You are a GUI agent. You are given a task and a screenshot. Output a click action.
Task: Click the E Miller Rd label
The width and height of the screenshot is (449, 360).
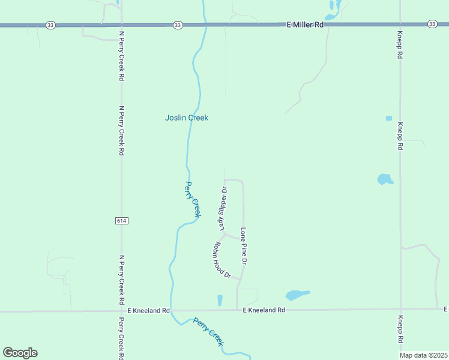[305, 25]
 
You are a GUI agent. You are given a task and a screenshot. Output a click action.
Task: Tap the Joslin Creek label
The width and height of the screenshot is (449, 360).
[187, 118]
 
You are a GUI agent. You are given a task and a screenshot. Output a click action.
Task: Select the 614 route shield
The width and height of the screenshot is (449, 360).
[121, 221]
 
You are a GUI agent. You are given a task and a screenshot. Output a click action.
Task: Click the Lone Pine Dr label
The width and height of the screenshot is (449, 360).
[244, 246]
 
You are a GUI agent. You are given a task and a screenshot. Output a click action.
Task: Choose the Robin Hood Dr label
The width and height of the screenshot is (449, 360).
[221, 260]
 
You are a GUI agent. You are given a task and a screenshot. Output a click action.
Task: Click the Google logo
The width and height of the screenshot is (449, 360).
[20, 353]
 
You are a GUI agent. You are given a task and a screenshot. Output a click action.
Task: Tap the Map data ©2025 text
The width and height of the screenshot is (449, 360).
[424, 355]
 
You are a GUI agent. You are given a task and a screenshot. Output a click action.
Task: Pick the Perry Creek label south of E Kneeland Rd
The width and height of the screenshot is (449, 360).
[209, 332]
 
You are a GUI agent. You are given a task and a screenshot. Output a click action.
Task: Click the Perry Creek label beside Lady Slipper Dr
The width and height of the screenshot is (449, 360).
[192, 199]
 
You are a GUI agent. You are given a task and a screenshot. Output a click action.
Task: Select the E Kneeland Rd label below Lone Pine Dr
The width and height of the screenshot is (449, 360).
[264, 310]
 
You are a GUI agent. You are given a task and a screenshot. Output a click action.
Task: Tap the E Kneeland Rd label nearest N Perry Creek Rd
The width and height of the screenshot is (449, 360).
[149, 310]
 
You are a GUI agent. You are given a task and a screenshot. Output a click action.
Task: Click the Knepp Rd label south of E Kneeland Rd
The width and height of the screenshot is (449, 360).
[401, 329]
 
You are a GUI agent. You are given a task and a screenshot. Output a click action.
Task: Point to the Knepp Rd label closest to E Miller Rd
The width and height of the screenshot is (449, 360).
[400, 45]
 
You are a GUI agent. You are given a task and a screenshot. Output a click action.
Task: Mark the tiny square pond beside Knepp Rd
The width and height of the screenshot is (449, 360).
[388, 118]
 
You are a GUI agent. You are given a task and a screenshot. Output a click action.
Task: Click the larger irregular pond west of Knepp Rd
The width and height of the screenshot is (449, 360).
[385, 179]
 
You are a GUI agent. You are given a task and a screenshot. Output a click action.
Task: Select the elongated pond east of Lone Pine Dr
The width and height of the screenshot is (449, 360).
[297, 295]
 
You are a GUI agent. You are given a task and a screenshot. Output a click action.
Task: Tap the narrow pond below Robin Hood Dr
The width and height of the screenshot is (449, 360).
[220, 300]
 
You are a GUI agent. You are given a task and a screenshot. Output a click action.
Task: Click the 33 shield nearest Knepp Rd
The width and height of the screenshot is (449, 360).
[432, 23]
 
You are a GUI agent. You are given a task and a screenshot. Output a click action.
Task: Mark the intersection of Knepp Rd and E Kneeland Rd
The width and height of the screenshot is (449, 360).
[401, 309]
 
